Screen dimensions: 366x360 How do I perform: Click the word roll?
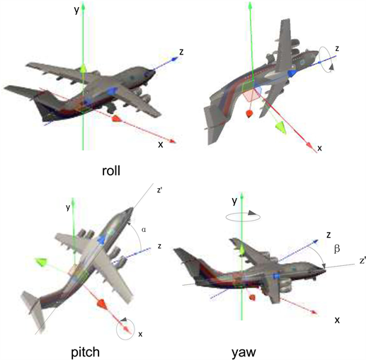pos(111,170)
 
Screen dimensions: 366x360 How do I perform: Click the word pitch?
pos(86,352)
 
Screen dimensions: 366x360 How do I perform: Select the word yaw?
pos(244,353)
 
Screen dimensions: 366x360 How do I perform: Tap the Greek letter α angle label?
pos(144,229)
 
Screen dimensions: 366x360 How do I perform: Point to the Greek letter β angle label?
pos(337,249)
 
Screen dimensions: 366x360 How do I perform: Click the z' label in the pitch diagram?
pos(159,190)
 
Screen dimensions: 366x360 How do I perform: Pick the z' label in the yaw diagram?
pos(362,261)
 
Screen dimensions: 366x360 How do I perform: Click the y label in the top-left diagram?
pos(76,11)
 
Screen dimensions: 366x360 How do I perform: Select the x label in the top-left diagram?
pos(161,144)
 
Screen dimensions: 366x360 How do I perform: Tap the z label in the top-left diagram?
pos(181,52)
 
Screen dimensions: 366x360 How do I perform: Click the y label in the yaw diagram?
pos(234,202)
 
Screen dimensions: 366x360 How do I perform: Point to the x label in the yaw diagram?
pos(337,320)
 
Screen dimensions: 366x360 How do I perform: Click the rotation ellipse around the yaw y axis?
pos(243,221)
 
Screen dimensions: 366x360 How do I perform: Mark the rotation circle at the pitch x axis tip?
pos(126,339)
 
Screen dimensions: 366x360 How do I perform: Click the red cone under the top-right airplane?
pos(249,114)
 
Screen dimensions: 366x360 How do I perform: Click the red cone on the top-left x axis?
pos(117,118)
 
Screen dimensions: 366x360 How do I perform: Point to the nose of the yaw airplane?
pos(325,270)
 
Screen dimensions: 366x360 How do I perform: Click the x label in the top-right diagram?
pos(319,149)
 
